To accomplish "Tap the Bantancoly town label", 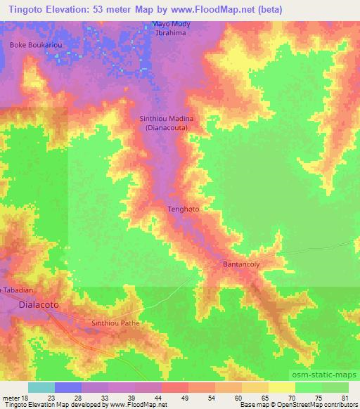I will tap(241, 264).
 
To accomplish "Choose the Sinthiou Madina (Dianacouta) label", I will tap(166, 124).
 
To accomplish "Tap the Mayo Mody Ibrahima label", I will tap(170, 29).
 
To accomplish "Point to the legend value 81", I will tap(344, 398).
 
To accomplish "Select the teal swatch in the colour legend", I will tap(41, 387).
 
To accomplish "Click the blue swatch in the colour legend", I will tap(68, 387).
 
